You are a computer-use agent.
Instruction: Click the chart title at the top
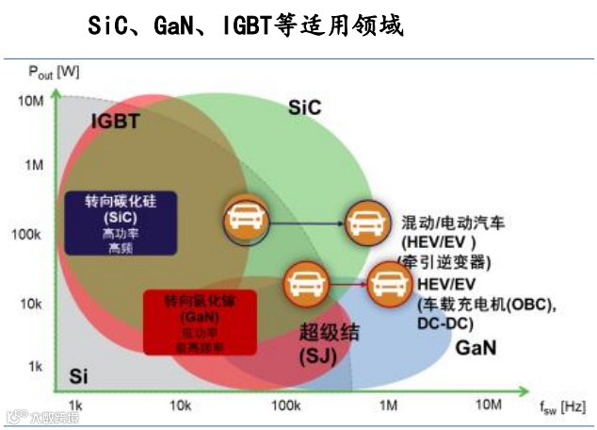245,25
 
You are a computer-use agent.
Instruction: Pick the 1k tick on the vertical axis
34,366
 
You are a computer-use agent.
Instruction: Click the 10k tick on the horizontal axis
183,404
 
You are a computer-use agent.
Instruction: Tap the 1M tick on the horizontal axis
388,404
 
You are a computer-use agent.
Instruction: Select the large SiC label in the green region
304,109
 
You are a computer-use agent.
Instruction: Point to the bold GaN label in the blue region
476,348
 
